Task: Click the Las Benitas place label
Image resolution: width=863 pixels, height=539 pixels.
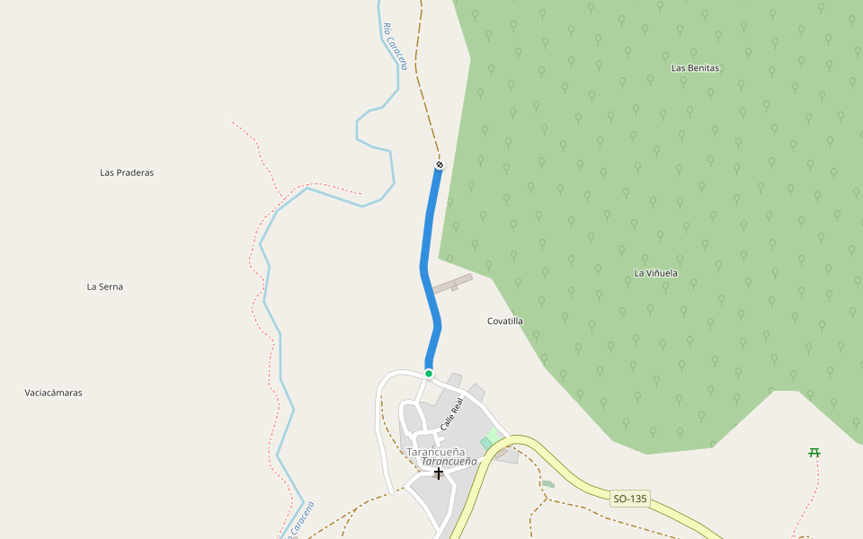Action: [x=696, y=67]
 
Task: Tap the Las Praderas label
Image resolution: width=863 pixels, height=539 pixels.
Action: [x=127, y=172]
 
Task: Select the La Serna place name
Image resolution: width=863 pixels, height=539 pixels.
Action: [x=104, y=287]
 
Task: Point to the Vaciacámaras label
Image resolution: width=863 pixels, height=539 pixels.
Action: [x=53, y=393]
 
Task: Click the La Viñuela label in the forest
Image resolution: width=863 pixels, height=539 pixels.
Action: [x=656, y=272]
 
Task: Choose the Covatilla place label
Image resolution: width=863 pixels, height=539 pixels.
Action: [x=504, y=321]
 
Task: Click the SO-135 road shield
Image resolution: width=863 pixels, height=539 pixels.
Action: [x=629, y=498]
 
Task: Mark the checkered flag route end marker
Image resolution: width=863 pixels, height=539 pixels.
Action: [x=440, y=164]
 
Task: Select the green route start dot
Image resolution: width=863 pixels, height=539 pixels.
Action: [x=429, y=373]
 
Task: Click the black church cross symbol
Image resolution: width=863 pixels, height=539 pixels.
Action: [x=439, y=473]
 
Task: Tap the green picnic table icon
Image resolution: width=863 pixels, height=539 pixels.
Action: [x=814, y=452]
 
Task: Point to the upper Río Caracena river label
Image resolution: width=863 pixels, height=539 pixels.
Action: [x=395, y=47]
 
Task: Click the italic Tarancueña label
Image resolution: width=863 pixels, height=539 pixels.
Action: [x=449, y=461]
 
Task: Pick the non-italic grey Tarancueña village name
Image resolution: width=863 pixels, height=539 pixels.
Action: [x=435, y=451]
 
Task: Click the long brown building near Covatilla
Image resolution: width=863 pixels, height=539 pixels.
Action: [x=452, y=284]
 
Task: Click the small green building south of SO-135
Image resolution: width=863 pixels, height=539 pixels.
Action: [x=548, y=484]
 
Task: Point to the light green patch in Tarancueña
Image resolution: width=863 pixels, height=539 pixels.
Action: [x=491, y=437]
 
